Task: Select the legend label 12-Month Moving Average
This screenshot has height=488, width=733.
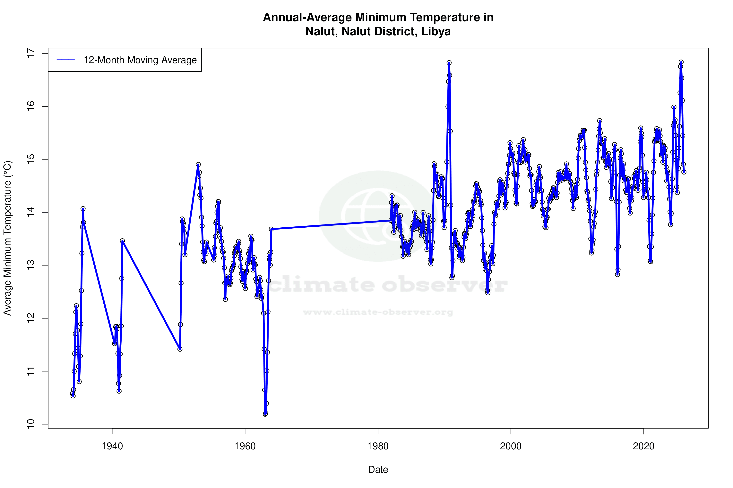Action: click(x=140, y=60)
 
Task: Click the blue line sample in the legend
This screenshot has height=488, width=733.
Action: click(x=66, y=60)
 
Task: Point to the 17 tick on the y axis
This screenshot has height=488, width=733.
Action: click(x=31, y=53)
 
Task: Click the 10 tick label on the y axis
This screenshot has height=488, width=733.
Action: click(x=31, y=424)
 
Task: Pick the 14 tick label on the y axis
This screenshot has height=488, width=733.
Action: click(x=31, y=212)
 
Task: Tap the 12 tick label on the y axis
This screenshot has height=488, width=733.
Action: click(x=31, y=318)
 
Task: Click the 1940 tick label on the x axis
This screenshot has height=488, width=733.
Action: click(x=112, y=446)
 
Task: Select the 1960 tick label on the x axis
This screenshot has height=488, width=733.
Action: click(x=245, y=446)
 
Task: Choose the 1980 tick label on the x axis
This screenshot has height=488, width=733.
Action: click(x=378, y=446)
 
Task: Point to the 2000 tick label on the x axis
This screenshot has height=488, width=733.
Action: click(x=511, y=446)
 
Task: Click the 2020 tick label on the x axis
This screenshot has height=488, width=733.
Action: click(x=643, y=446)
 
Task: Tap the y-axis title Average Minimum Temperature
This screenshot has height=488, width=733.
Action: click(x=7, y=238)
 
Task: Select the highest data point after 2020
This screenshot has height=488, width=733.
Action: click(x=681, y=62)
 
